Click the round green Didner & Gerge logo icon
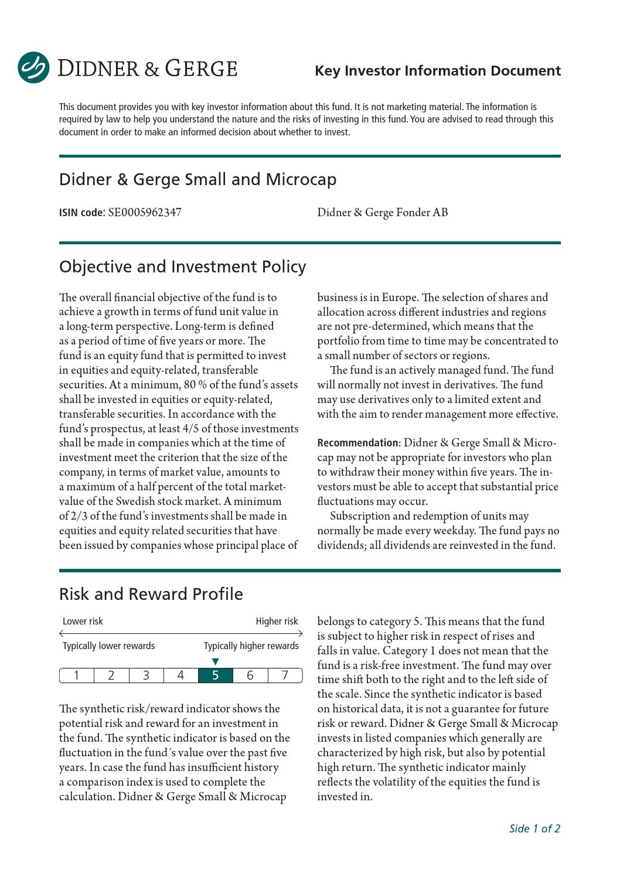click(x=33, y=68)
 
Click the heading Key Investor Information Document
click(x=437, y=71)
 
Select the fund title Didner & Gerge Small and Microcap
click(x=197, y=179)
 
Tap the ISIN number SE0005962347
click(x=145, y=213)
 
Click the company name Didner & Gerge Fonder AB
click(x=382, y=213)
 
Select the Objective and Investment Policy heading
click(x=182, y=267)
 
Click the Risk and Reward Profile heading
click(x=151, y=594)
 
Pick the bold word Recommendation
click(x=357, y=443)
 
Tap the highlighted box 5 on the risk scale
click(x=215, y=675)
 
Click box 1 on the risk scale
click(x=77, y=675)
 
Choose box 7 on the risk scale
click(x=285, y=675)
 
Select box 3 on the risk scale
click(x=146, y=675)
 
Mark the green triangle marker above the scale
click(x=215, y=662)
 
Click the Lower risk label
click(x=83, y=622)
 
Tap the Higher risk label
click(x=277, y=622)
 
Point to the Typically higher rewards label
click(x=251, y=646)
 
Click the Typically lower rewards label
click(x=108, y=646)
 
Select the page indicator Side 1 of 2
click(x=534, y=828)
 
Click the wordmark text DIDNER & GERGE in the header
click(x=147, y=69)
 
